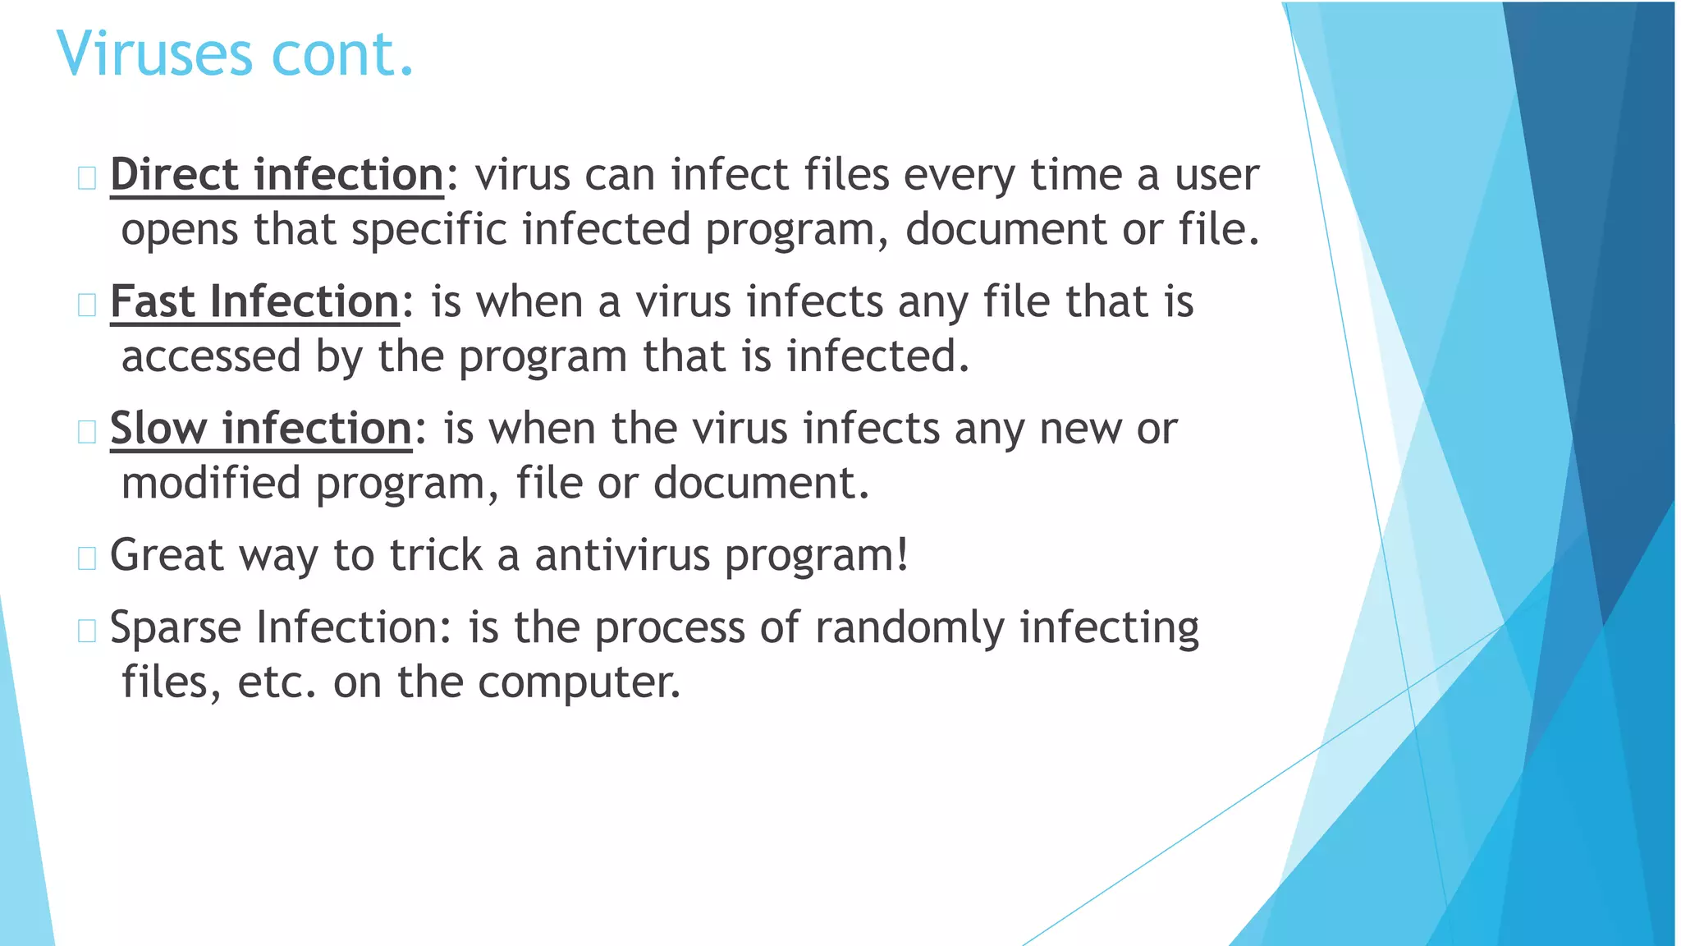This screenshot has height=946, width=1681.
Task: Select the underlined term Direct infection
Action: click(x=277, y=175)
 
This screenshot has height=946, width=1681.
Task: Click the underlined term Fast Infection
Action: click(x=254, y=301)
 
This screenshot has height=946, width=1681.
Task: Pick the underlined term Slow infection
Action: click(x=261, y=429)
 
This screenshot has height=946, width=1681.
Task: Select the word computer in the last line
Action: click(x=579, y=682)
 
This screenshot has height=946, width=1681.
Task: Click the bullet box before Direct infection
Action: click(x=87, y=177)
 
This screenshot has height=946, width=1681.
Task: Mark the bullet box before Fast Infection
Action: click(x=87, y=305)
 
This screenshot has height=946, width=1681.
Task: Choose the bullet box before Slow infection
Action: click(x=87, y=431)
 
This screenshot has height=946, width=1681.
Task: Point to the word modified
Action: click(x=211, y=483)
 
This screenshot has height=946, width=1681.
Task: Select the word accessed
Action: click(x=211, y=356)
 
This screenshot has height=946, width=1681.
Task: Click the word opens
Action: click(x=180, y=230)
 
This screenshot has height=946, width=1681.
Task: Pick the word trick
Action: click(x=435, y=555)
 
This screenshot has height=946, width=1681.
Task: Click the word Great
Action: click(x=167, y=555)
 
